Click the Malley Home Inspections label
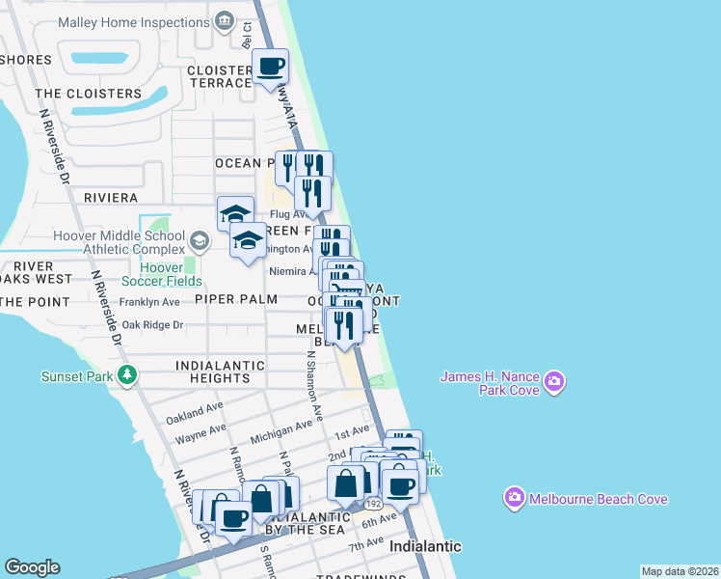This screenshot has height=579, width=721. coord(134,21)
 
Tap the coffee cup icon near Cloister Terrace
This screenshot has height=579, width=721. coord(270,68)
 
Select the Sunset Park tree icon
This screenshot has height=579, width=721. coord(127,376)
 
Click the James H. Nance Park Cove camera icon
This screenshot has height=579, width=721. coord(553,383)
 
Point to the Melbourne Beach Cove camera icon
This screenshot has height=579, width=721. coord(514,498)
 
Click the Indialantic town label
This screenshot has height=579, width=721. coord(425,546)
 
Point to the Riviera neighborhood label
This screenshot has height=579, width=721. coord(111,198)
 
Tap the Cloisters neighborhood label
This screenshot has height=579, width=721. coord(88,94)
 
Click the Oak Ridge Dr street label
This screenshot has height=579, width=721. coord(152,325)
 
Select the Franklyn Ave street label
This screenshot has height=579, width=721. coord(149,302)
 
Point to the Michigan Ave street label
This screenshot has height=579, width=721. coord(280,428)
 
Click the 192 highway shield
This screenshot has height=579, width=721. coord(371,504)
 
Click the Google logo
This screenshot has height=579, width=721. coord(32,567)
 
